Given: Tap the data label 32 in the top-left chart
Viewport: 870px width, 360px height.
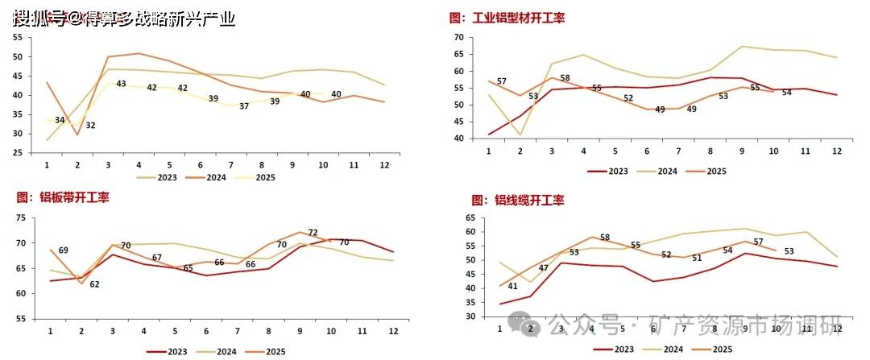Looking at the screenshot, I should [91, 126].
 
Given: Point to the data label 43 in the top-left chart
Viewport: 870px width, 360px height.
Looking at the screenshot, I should [121, 84].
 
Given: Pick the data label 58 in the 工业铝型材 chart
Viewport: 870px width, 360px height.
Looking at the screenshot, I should [565, 78].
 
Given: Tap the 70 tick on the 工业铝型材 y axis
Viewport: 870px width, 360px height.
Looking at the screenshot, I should [458, 37].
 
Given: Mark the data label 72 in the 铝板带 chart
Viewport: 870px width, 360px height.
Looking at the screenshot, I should [313, 233].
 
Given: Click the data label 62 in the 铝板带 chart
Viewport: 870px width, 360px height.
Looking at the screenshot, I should [94, 284].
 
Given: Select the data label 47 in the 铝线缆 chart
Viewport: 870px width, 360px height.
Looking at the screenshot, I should [543, 268].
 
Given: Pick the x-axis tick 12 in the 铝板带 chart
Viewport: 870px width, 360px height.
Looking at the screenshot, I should [392, 332].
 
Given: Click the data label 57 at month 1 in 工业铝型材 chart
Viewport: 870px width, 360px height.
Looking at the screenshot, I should [501, 82].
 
